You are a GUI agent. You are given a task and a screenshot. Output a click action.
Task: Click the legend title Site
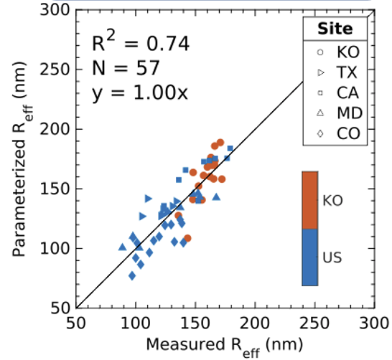click(x=335, y=29)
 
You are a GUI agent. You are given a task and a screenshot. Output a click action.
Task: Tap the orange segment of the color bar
click(x=310, y=200)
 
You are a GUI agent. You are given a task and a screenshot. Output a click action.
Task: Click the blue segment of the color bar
click(x=310, y=257)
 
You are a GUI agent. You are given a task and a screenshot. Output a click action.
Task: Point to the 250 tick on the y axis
click(x=58, y=70)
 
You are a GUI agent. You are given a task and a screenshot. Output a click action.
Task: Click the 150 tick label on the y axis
click(x=58, y=189)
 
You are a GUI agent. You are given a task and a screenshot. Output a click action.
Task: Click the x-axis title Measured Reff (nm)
click(x=223, y=345)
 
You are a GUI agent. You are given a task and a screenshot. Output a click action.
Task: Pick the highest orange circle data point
click(x=220, y=143)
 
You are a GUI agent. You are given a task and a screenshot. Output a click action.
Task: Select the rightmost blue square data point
click(x=230, y=148)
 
